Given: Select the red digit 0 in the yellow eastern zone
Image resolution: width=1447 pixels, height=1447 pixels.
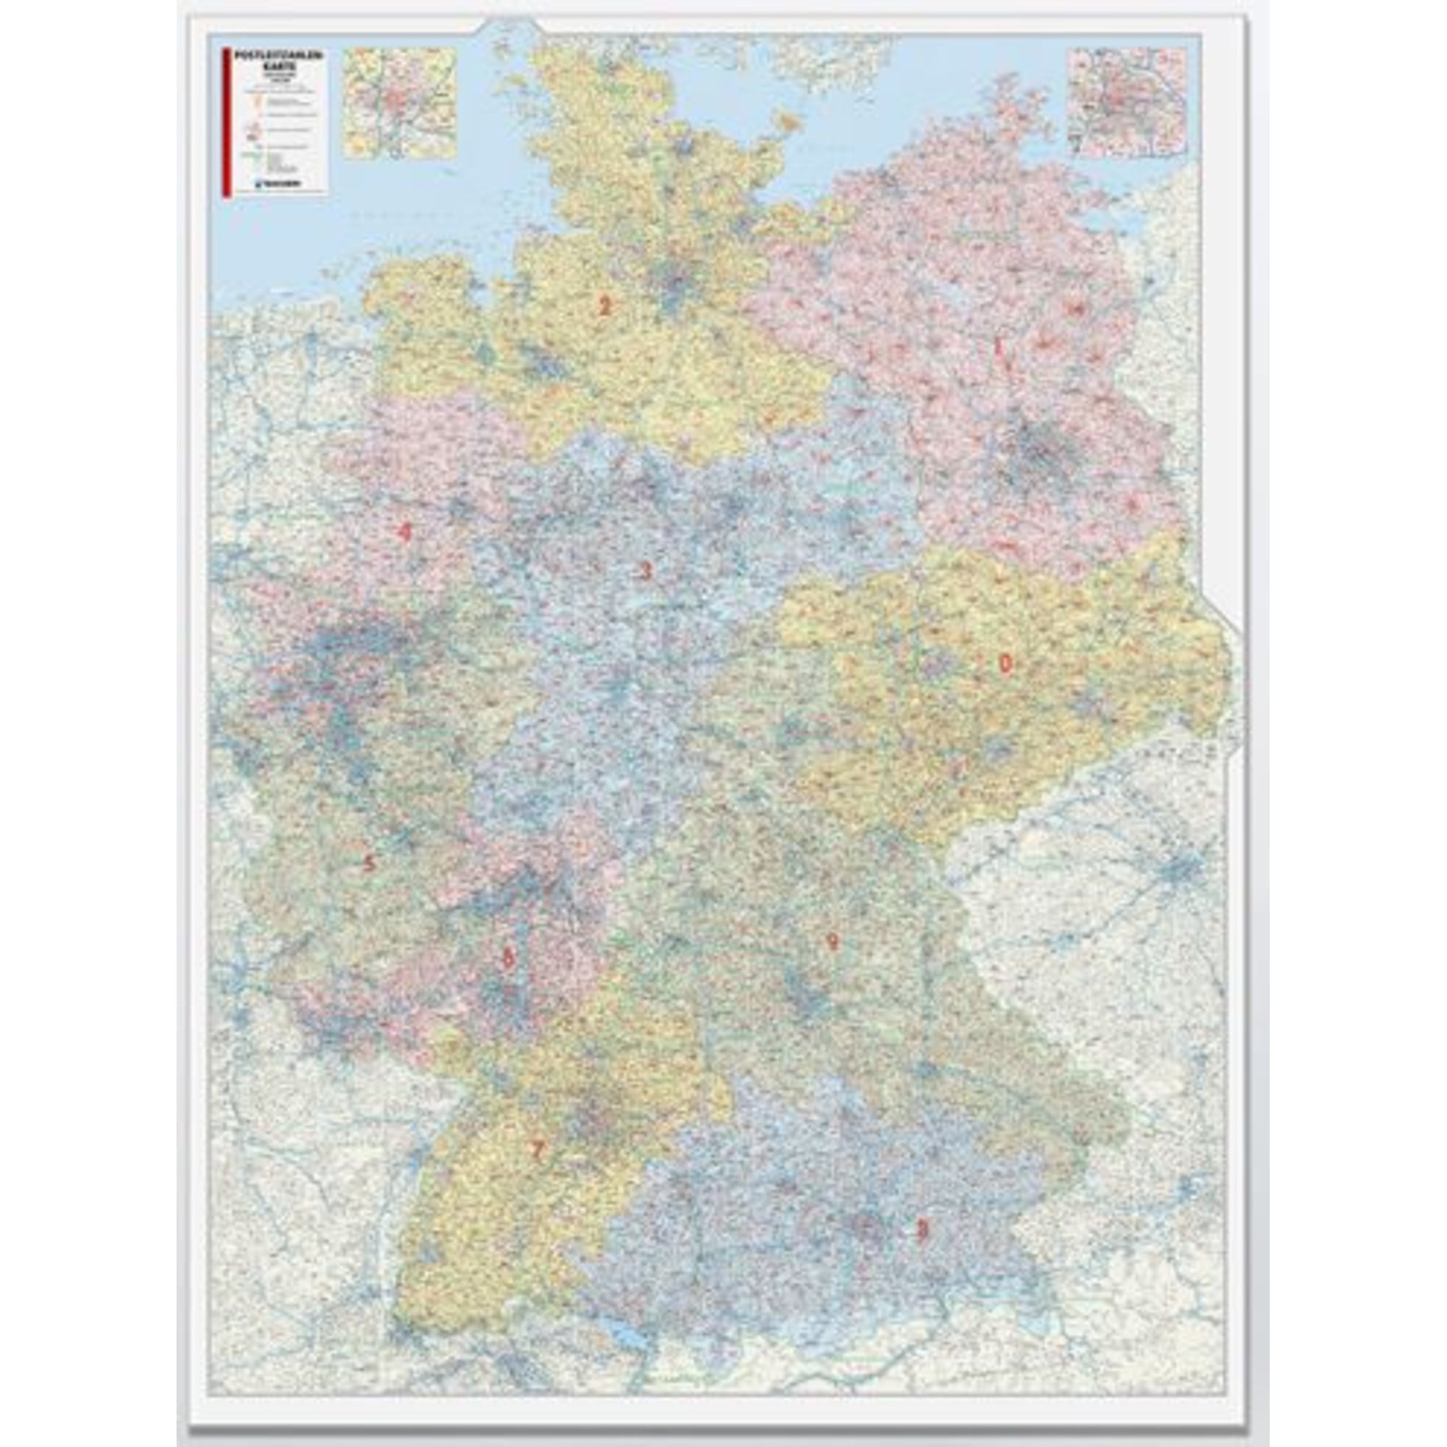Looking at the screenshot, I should (1003, 663).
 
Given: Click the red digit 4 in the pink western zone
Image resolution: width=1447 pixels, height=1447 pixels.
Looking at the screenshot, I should (404, 532).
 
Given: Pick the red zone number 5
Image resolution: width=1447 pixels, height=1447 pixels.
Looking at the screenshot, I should (368, 864).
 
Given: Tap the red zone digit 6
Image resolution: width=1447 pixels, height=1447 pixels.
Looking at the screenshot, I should (509, 958).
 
